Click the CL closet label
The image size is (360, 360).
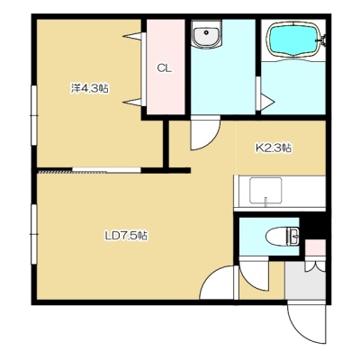pos(165,68)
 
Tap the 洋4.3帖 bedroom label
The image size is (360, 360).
pos(89,88)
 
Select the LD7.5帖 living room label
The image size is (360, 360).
pos(126,236)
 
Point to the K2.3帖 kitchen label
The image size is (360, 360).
pos(273,148)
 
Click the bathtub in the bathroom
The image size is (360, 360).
pos(294,39)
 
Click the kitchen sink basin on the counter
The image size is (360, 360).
pos(265,191)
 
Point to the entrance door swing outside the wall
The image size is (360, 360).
pos(306,322)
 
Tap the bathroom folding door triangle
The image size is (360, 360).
pos(267,103)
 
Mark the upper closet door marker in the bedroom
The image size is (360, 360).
pos(132,36)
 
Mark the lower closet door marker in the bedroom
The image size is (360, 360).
pos(132,102)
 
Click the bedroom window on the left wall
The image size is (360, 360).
pos(34,115)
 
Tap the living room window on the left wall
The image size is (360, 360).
pos(34,234)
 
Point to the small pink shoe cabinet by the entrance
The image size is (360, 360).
pos(315,247)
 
